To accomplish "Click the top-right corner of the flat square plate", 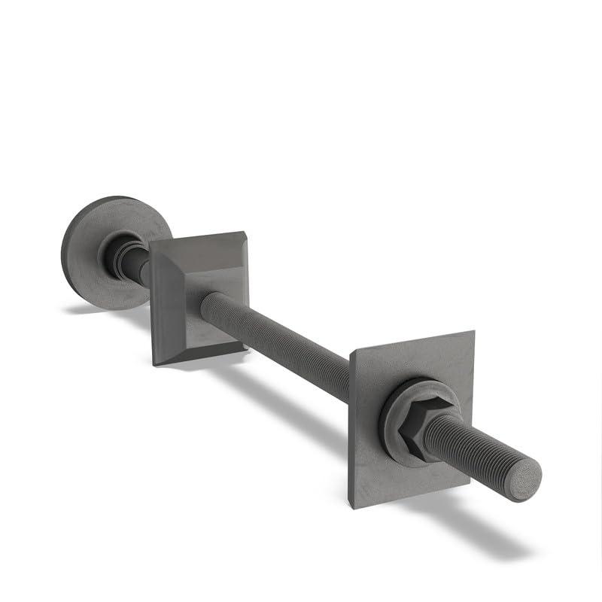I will (473, 332).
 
